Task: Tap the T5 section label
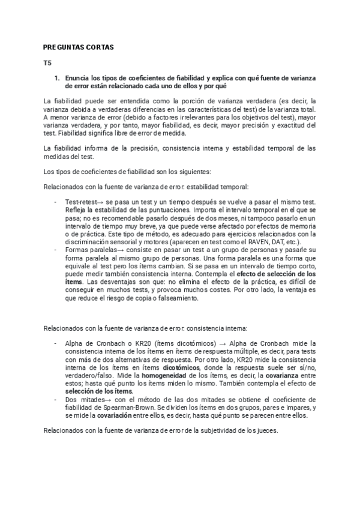(47, 62)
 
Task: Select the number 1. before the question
(58, 78)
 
